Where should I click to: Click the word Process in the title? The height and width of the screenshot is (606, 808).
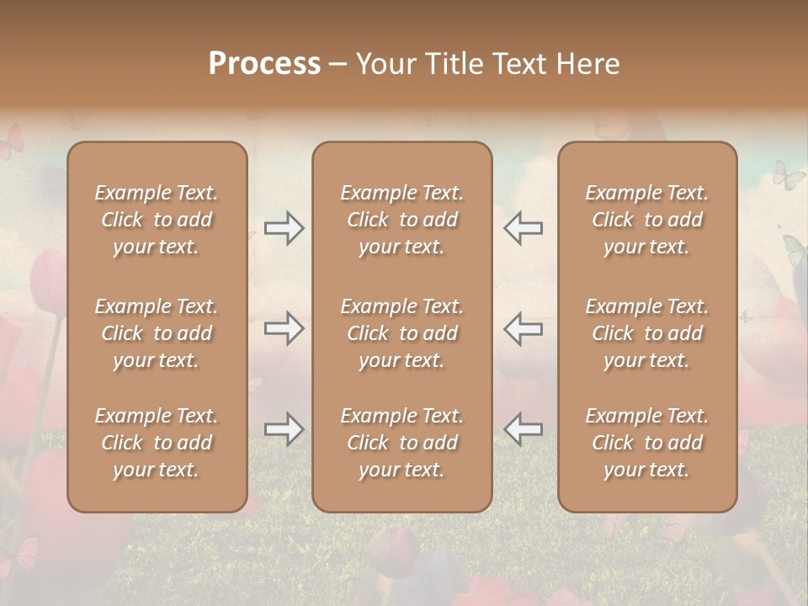pyautogui.click(x=264, y=64)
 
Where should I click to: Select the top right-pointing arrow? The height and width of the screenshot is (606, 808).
pyautogui.click(x=284, y=228)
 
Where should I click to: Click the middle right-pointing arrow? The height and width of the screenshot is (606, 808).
pyautogui.click(x=284, y=328)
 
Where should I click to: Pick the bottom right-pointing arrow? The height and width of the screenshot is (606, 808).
pyautogui.click(x=284, y=429)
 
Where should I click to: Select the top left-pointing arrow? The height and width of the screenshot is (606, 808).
pyautogui.click(x=523, y=228)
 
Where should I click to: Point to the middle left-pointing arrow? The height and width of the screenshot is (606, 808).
pyautogui.click(x=523, y=328)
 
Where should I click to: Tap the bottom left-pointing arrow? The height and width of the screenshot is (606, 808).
pyautogui.click(x=523, y=429)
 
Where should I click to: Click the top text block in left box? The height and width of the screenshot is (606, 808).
pyautogui.click(x=157, y=220)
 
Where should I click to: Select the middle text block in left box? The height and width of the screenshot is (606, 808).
pyautogui.click(x=157, y=333)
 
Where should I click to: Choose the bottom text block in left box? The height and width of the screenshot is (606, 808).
pyautogui.click(x=157, y=443)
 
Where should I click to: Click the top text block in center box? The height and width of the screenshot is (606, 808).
pyautogui.click(x=401, y=220)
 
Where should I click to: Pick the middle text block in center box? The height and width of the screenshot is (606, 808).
pyautogui.click(x=401, y=333)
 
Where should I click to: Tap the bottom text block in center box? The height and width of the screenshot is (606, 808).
pyautogui.click(x=401, y=443)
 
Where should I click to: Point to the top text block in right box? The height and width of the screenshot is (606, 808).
pyautogui.click(x=646, y=220)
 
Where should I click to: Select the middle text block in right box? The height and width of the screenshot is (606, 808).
pyautogui.click(x=646, y=333)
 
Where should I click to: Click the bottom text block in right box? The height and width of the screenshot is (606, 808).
pyautogui.click(x=646, y=443)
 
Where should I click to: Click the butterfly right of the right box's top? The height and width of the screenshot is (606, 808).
pyautogui.click(x=788, y=175)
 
